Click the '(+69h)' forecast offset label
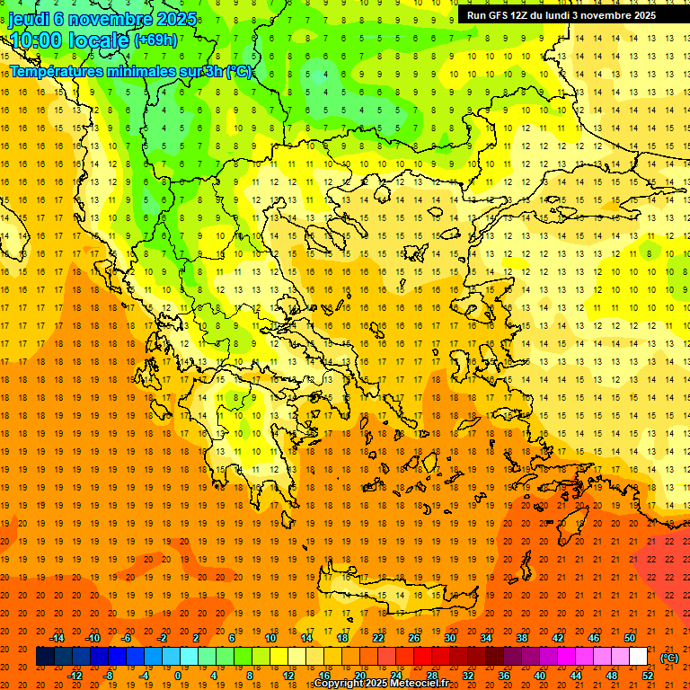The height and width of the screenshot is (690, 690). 155,40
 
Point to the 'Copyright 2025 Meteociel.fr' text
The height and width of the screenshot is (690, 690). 381,683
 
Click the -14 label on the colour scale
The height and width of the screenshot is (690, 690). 57,638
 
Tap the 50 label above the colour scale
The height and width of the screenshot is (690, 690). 629,638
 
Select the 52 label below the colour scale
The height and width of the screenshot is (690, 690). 648,676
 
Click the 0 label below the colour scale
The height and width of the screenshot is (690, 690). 177,676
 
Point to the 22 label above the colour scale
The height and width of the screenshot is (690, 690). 378,638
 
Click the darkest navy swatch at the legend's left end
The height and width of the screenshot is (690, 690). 45,657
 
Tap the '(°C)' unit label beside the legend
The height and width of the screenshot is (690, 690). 669,658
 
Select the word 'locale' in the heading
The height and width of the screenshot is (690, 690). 100,40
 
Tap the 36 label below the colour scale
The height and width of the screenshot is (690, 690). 504,676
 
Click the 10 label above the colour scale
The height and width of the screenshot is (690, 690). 270,638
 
